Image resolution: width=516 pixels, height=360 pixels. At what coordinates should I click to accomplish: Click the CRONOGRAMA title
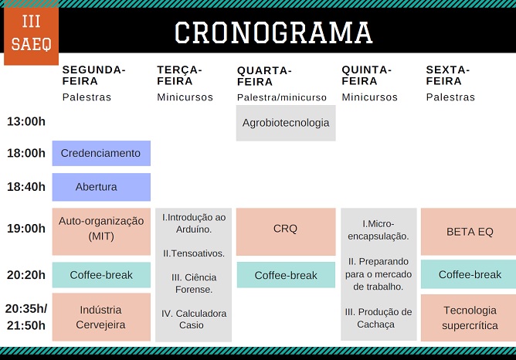pos(273,32)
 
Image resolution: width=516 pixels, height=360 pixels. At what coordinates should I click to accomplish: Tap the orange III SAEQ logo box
pos(31,36)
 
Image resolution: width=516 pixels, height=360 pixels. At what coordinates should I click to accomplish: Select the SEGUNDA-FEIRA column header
pos(93,76)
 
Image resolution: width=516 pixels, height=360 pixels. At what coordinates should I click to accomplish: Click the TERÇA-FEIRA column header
pos(179,76)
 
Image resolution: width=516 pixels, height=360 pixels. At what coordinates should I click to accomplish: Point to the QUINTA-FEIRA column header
pos(366,76)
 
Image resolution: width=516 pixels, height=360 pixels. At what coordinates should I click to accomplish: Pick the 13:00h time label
pos(26,121)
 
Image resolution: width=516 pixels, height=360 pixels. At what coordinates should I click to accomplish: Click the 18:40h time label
pos(26,187)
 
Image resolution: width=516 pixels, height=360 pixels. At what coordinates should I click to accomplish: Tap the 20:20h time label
pos(26,275)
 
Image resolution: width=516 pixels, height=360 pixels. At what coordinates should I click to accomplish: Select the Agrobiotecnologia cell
pos(286,123)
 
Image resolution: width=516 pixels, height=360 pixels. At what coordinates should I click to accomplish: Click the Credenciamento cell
pos(101,153)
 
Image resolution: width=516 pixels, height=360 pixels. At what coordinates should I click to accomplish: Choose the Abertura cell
pos(101,187)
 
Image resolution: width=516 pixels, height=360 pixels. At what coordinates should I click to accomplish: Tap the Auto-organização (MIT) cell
pos(101,231)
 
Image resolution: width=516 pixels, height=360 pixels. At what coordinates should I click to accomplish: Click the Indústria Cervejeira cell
pos(101,317)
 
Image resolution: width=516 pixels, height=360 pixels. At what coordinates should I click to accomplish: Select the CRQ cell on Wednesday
pos(286,232)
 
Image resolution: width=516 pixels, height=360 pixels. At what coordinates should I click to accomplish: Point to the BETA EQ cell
pos(468,232)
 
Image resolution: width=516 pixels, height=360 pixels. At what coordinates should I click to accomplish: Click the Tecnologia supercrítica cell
pos(468,318)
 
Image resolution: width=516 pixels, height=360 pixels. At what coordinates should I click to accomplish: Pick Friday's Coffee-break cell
pos(468,274)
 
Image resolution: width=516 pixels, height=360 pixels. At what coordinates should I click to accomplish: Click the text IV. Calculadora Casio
pos(193,319)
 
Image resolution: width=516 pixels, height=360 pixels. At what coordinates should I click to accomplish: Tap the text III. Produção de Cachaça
pos(379,318)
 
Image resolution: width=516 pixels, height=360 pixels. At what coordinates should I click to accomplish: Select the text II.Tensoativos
pos(193,253)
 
